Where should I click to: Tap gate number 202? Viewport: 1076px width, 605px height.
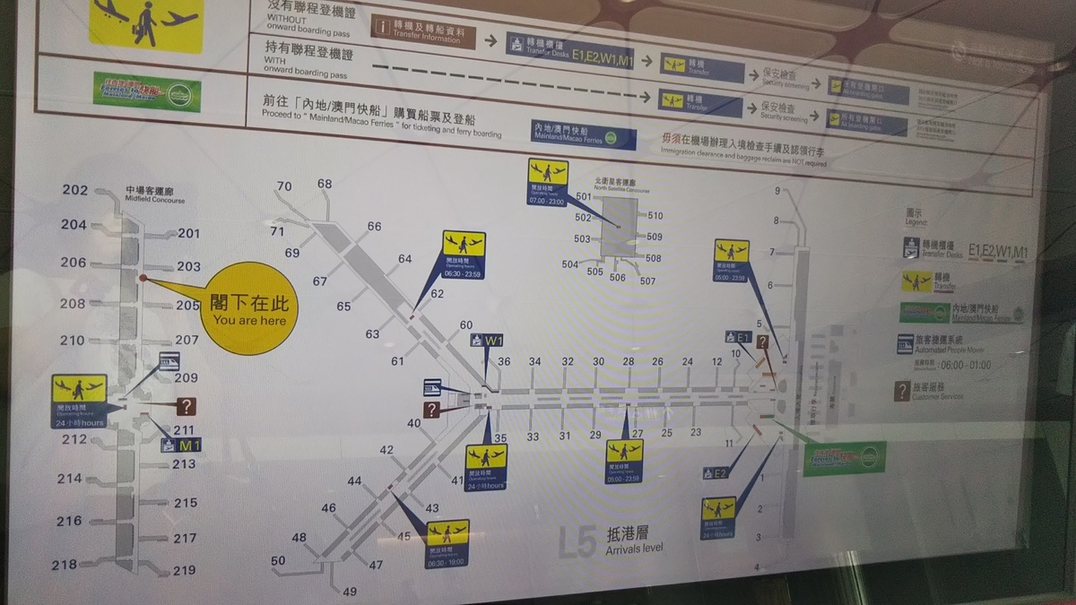tap(75, 190)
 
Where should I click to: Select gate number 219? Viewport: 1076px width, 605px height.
tap(185, 570)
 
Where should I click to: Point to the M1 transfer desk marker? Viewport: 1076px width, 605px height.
tap(181, 445)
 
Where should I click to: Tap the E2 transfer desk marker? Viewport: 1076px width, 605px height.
tap(714, 472)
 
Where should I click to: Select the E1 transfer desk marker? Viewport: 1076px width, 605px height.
tap(737, 337)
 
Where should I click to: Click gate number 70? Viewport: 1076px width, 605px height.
tap(284, 186)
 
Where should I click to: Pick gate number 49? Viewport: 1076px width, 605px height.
tap(350, 591)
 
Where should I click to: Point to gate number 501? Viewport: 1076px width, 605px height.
tap(584, 196)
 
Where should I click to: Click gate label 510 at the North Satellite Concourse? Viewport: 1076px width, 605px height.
tap(655, 216)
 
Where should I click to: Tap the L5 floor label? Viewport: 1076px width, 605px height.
tap(577, 541)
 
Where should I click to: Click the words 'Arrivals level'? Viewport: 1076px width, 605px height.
tap(635, 548)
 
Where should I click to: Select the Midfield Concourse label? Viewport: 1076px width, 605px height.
tap(154, 194)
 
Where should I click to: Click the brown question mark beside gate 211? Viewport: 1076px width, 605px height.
tap(186, 407)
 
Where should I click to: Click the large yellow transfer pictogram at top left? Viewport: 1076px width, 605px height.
tap(144, 21)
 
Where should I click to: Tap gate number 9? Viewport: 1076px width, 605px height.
tap(777, 191)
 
